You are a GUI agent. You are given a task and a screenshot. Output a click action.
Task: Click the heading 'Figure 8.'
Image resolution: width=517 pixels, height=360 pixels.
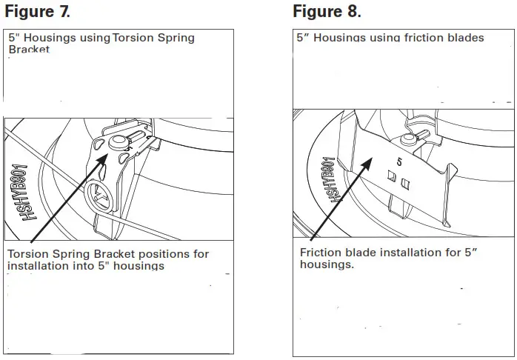(327, 12)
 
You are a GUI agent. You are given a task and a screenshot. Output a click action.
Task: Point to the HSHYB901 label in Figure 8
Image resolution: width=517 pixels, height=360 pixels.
(332, 180)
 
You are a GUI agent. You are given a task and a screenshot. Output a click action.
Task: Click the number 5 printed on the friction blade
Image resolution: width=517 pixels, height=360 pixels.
(400, 158)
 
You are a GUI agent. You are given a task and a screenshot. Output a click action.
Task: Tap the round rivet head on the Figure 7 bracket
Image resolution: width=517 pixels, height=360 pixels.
(116, 142)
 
